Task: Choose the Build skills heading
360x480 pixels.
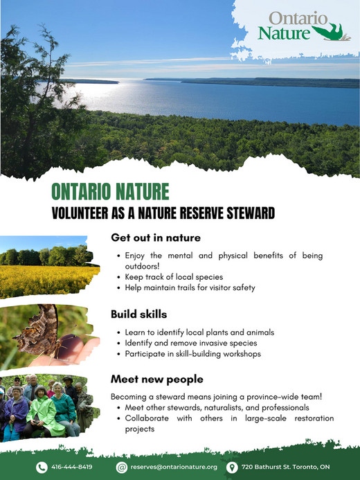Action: [x=138, y=314]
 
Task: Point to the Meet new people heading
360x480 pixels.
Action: [x=157, y=379]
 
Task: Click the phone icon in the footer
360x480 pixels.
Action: [x=42, y=467]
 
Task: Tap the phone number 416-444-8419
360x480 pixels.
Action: [x=72, y=467]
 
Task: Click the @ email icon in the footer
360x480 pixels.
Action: [x=122, y=467]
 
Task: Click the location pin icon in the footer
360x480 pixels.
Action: [x=233, y=467]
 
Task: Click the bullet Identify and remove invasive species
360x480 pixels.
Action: [x=191, y=343]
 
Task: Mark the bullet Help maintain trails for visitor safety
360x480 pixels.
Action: [x=190, y=287]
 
